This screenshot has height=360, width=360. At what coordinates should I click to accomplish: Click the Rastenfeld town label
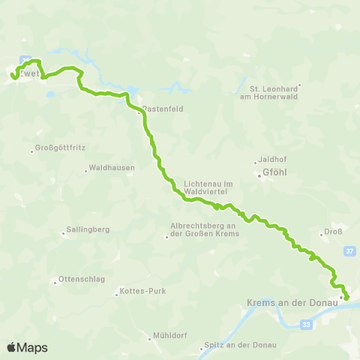(163, 108)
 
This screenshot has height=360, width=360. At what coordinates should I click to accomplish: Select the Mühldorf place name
(169, 335)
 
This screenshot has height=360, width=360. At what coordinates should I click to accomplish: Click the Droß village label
(334, 232)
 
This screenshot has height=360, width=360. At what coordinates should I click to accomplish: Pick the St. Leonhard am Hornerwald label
(274, 91)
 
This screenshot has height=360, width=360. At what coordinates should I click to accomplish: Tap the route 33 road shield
(305, 324)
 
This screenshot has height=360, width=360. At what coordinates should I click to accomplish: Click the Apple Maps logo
(27, 347)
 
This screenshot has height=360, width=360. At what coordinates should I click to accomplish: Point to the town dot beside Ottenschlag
(55, 283)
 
